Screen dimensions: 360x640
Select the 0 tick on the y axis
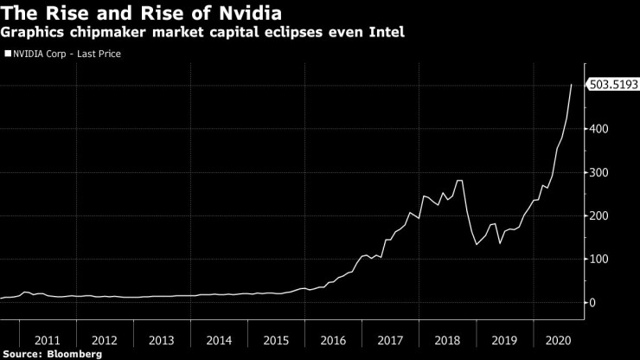(592, 302)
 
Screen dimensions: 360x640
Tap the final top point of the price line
(572, 85)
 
